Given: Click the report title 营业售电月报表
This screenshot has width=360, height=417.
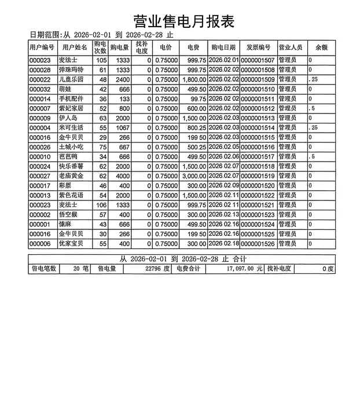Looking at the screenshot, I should pyautogui.click(x=183, y=21).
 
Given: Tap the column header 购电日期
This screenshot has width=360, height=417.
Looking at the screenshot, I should pyautogui.click(x=223, y=47).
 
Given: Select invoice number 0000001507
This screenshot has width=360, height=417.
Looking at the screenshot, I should pyautogui.click(x=258, y=60).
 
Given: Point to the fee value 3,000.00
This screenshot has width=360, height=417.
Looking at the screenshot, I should pyautogui.click(x=194, y=176).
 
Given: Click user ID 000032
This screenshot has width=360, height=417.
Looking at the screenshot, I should pyautogui.click(x=41, y=89).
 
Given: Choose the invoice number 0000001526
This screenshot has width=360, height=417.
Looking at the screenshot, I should pyautogui.click(x=258, y=244).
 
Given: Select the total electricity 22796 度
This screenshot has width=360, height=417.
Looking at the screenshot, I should pyautogui.click(x=157, y=269).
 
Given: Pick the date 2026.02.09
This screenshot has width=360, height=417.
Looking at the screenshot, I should pyautogui.click(x=223, y=185).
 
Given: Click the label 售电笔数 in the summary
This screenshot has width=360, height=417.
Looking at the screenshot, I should pyautogui.click(x=43, y=269).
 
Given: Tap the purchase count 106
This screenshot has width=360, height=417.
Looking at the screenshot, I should pyautogui.click(x=101, y=205).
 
